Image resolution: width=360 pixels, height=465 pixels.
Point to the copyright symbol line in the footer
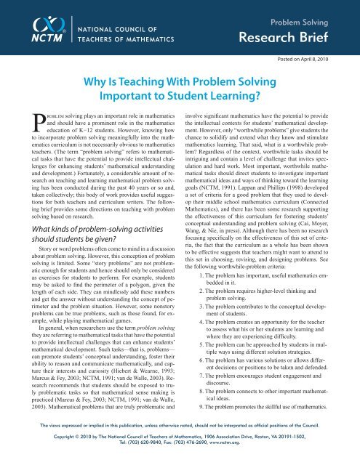tap(180, 454)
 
